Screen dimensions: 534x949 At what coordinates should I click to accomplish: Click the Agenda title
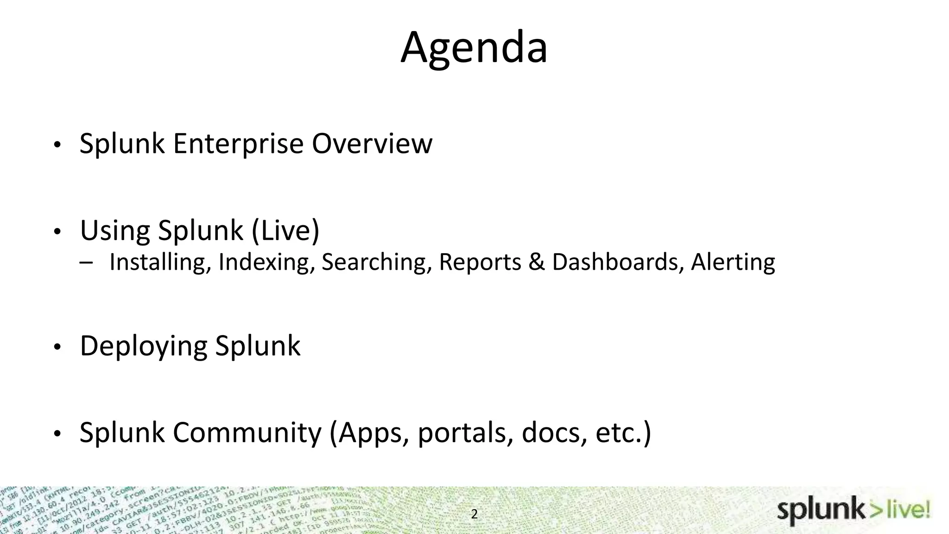pos(474,47)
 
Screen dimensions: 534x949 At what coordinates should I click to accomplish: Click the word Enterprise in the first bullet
pos(238,144)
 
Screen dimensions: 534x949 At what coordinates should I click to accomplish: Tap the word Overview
pos(372,144)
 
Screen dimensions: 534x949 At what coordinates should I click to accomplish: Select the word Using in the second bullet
pos(115,230)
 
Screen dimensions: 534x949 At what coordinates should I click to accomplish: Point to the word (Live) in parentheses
pos(285,230)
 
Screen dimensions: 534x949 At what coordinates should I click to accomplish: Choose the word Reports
pos(480,262)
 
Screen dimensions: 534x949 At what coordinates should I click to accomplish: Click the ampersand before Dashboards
pos(536,262)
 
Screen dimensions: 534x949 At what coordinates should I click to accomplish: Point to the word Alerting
pos(733,262)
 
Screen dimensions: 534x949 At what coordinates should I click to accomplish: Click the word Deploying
pos(143,346)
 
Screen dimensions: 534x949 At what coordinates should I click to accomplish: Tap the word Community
pos(247,432)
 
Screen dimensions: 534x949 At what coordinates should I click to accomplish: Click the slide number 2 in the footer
pos(474,514)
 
